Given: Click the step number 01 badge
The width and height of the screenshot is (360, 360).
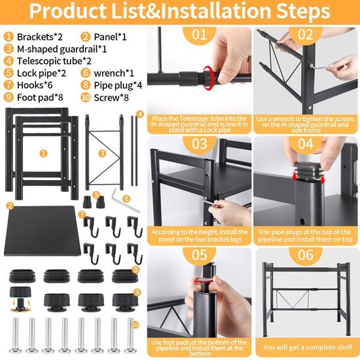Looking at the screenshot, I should (200, 35).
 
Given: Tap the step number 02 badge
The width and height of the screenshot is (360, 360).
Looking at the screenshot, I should (306, 35).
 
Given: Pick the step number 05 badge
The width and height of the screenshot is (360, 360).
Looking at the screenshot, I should (200, 254).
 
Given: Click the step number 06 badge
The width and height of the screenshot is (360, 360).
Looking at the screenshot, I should (306, 254).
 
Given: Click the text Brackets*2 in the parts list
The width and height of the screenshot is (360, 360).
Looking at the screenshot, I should (41, 37).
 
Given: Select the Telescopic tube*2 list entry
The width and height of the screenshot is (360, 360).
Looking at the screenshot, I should (49, 61).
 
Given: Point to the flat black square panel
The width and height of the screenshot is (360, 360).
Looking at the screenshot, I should (41, 232).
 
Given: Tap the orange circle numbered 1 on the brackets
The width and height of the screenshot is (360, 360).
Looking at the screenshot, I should (43, 153).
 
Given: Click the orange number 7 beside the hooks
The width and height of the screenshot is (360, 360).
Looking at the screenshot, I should (82, 215).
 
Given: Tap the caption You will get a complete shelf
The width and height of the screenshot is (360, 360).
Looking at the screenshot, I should (306, 347).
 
